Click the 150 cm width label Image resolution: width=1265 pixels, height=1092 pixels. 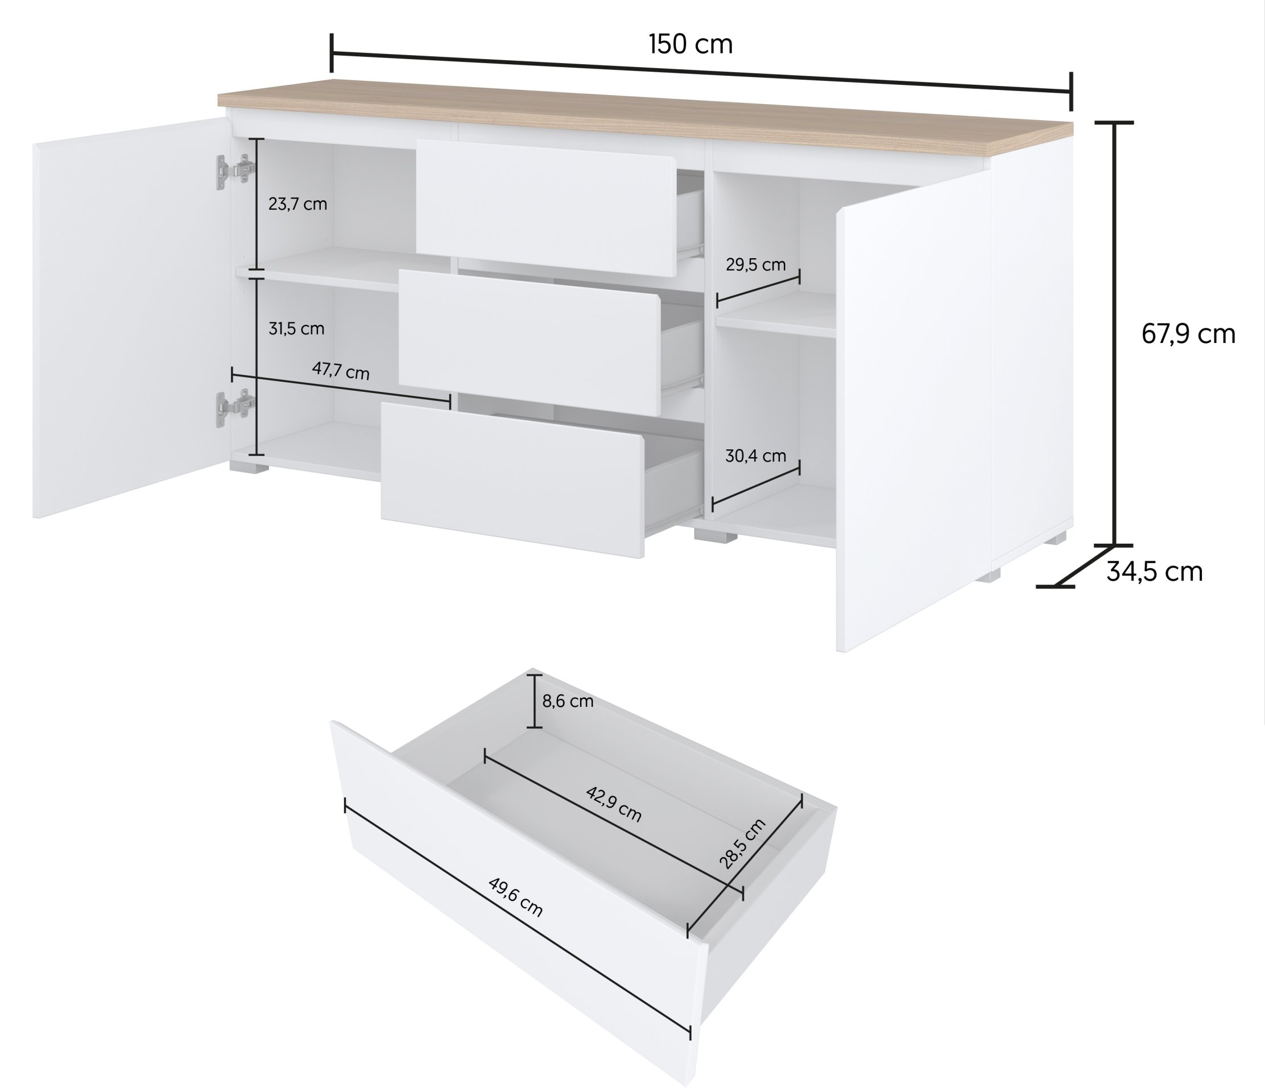click(x=691, y=44)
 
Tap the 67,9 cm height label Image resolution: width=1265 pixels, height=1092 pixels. click(x=1188, y=334)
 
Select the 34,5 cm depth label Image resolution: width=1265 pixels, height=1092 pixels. click(x=1155, y=572)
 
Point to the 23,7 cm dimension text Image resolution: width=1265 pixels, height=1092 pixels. click(x=298, y=204)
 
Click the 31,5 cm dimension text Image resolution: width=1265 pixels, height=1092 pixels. click(x=297, y=329)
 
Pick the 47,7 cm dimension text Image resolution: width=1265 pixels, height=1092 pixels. click(x=341, y=370)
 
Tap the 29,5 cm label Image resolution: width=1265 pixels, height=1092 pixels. click(x=756, y=265)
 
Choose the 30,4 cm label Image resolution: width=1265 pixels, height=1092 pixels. click(x=756, y=456)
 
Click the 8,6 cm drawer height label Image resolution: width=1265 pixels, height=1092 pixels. click(x=568, y=701)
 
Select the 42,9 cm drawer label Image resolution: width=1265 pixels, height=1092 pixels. click(x=614, y=804)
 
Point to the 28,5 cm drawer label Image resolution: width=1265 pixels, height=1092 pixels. click(x=742, y=843)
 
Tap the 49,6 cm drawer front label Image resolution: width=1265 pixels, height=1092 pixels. click(x=515, y=897)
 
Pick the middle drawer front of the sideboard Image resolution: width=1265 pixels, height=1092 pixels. click(x=530, y=343)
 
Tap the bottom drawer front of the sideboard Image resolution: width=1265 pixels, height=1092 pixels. click(x=513, y=479)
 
